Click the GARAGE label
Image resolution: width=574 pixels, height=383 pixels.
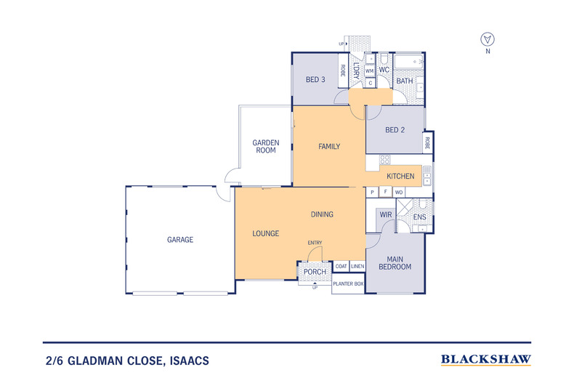coord(179,240)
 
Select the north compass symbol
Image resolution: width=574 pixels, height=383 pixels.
coord(488,39)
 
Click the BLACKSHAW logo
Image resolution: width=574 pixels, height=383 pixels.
coord(486,359)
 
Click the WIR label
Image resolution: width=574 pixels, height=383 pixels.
coord(385,216)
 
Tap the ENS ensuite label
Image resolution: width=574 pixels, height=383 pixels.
coord(419,217)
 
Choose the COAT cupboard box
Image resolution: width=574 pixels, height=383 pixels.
coord(341,266)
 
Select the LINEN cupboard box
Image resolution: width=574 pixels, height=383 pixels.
coord(357,266)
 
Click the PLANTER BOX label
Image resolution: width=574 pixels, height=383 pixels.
coord(348,283)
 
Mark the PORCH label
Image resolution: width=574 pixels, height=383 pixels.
coord(315,272)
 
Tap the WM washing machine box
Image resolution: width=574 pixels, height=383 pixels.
coord(370,71)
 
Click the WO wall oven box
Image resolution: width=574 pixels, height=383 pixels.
coord(399,192)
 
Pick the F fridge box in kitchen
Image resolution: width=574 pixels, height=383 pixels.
coord(385,192)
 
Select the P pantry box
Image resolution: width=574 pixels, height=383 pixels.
coord(373,192)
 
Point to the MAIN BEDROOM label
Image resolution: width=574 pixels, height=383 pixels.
coord(395,262)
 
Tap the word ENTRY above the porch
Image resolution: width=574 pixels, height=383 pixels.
coord(315,243)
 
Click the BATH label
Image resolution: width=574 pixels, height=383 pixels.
coord(405,81)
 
